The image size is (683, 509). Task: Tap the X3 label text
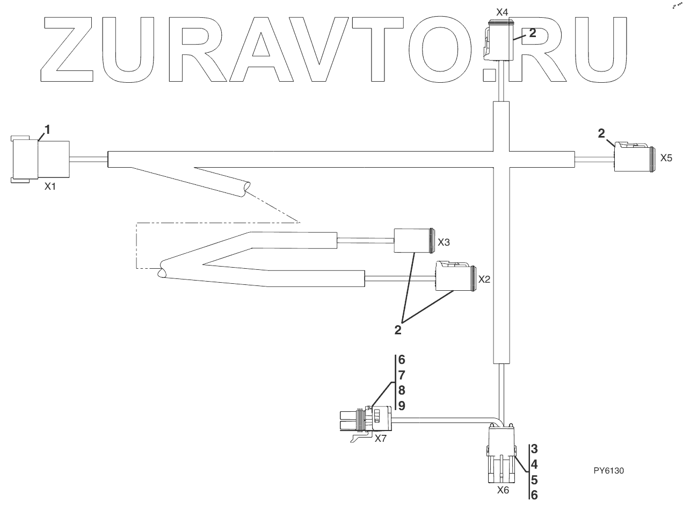(444, 242)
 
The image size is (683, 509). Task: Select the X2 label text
(484, 279)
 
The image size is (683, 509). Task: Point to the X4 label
(502, 11)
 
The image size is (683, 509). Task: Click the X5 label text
(666, 159)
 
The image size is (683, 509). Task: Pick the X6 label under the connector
(503, 490)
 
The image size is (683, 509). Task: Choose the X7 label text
(381, 438)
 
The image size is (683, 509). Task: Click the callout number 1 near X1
(47, 129)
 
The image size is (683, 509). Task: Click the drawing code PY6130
(609, 471)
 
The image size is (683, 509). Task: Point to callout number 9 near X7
(402, 406)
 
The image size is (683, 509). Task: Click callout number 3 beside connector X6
(535, 448)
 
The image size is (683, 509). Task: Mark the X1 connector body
(41, 159)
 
